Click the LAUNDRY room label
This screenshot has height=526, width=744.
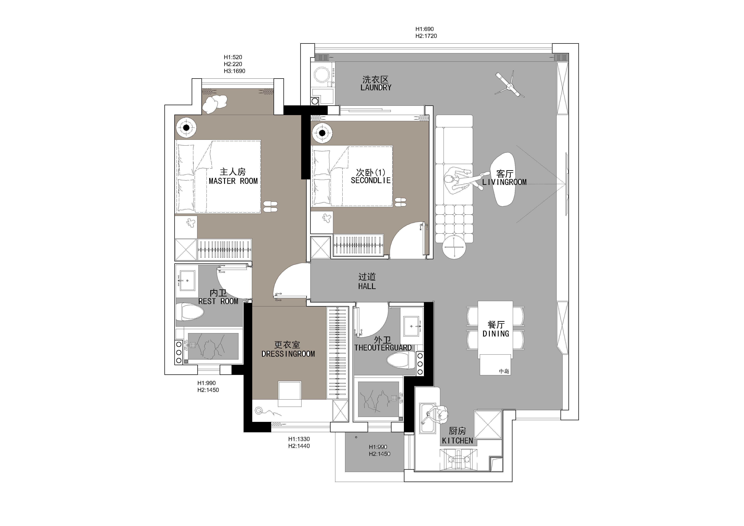376,87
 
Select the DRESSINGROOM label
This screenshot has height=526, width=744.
288,354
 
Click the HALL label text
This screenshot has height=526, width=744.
367,286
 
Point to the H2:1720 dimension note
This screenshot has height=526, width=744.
426,36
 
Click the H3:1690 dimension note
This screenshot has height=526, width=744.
234,71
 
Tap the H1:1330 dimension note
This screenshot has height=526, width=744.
299,439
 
